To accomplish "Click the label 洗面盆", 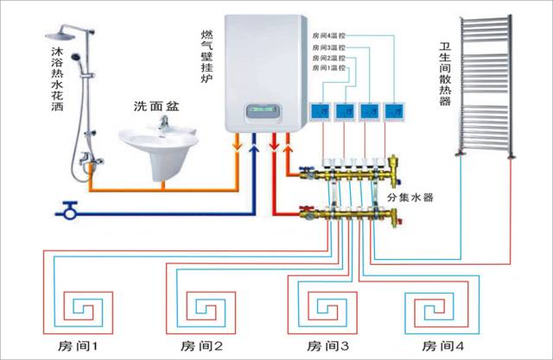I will click(157, 106).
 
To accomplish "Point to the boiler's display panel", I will click(264, 111).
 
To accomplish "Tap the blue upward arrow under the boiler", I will click(254, 155).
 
